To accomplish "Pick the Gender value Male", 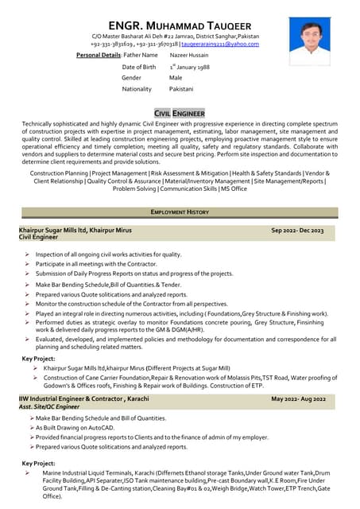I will pyautogui.click(x=176, y=78).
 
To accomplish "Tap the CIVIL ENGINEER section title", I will pyautogui.click(x=179, y=114).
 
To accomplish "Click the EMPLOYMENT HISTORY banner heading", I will pyautogui.click(x=180, y=212).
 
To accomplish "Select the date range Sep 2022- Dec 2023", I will pyautogui.click(x=297, y=231).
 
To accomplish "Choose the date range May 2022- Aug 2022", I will pyautogui.click(x=298, y=398).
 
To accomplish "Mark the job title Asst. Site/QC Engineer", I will pyautogui.click(x=49, y=406).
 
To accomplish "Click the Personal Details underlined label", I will pyautogui.click(x=98, y=55).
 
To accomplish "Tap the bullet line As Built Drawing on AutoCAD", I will pyautogui.click(x=76, y=428).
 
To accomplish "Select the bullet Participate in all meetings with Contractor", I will pyautogui.click(x=85, y=263).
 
